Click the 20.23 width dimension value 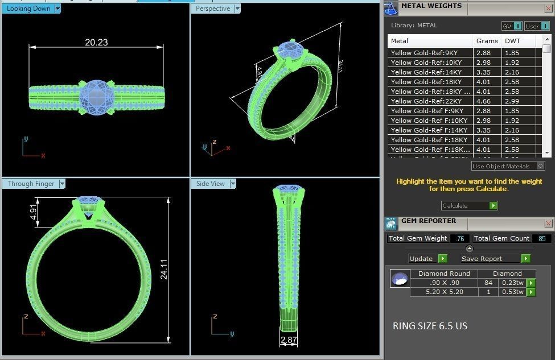pyautogui.click(x=96, y=42)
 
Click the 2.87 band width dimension pyautogui.click(x=288, y=340)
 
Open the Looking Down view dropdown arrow pyautogui.click(x=58, y=9)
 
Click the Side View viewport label pyautogui.click(x=210, y=184)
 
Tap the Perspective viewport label pyautogui.click(x=212, y=9)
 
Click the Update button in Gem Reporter pyautogui.click(x=422, y=259)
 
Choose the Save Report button pyautogui.click(x=482, y=259)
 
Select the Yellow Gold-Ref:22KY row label pyautogui.click(x=426, y=101)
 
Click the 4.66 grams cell pyautogui.click(x=483, y=101)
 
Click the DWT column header pyautogui.click(x=512, y=41)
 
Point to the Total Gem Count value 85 pyautogui.click(x=541, y=239)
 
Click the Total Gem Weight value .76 pyautogui.click(x=459, y=239)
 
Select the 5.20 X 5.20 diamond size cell pyautogui.click(x=444, y=292)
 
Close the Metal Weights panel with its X pyautogui.click(x=548, y=7)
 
